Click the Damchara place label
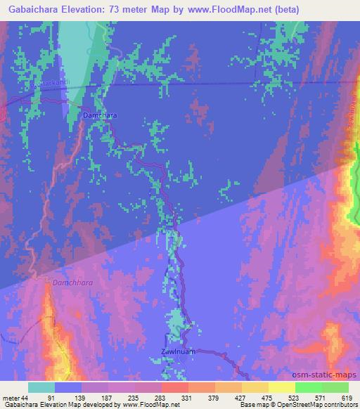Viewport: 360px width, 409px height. coord(99,114)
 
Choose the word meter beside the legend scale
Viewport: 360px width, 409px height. coord(10,398)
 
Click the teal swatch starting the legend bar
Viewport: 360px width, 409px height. coord(41,388)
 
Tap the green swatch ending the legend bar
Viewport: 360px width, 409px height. coord(335,388)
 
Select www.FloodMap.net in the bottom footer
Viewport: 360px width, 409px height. coord(150,405)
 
